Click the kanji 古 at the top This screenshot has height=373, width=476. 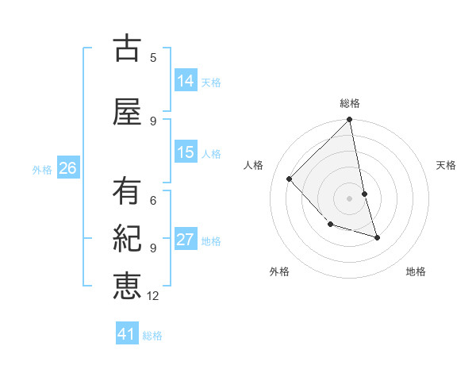(127, 49)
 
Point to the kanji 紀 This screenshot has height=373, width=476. (127, 238)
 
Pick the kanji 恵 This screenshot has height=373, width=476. (127, 285)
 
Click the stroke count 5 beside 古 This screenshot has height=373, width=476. (153, 57)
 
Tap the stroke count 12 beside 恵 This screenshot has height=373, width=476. (153, 295)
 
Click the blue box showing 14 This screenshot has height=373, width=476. (186, 82)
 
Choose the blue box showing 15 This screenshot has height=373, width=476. (186, 152)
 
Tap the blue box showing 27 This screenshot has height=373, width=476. (186, 240)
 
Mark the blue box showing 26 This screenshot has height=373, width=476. (68, 167)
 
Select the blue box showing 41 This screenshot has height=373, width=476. (127, 335)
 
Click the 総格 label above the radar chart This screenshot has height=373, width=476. (350, 103)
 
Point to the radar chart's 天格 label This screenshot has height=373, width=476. (446, 165)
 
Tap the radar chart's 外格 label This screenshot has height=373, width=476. (279, 271)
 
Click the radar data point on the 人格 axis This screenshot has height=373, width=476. (290, 179)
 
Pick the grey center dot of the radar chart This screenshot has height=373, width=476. (349, 198)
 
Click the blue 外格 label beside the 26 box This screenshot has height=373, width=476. (42, 169)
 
